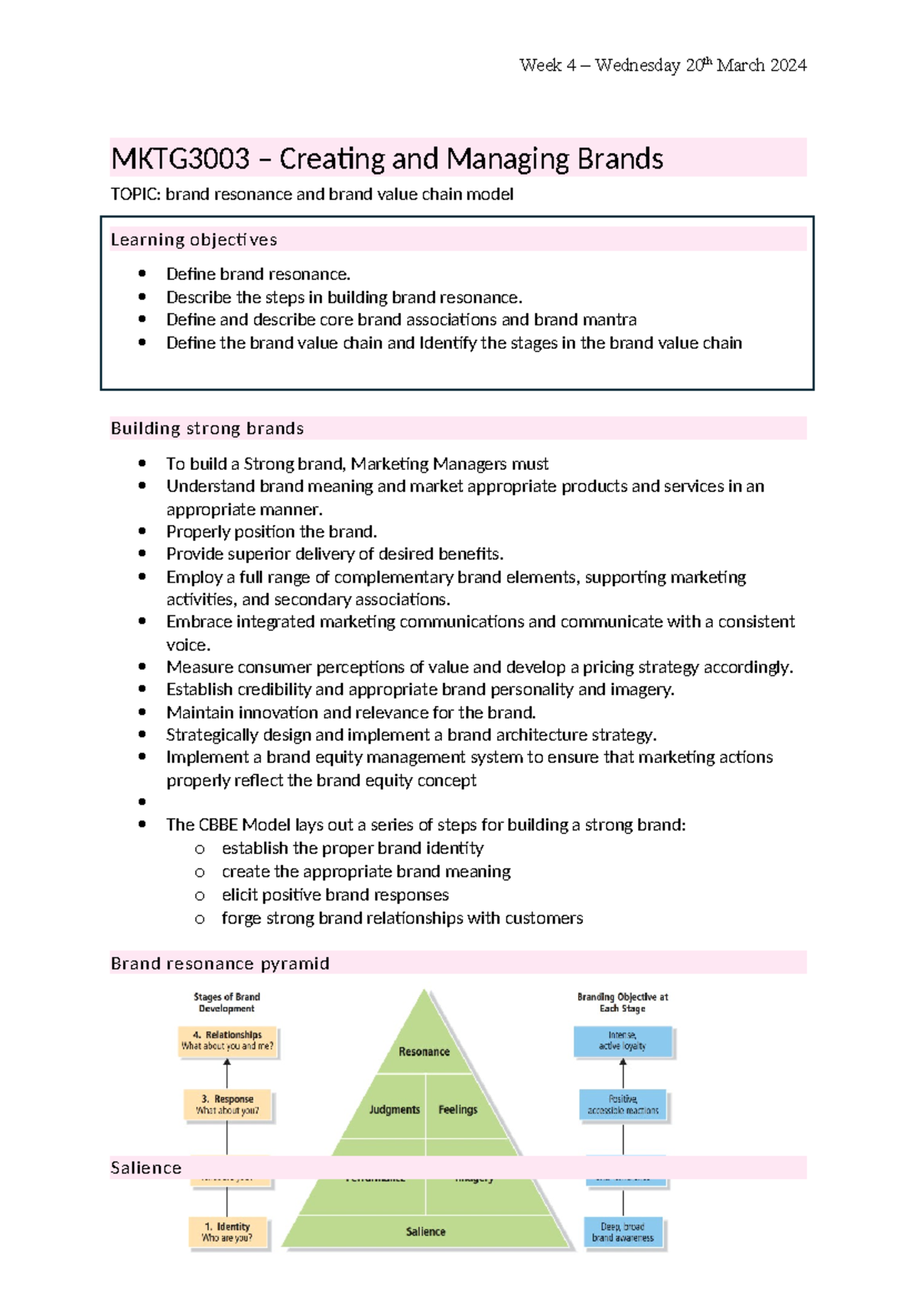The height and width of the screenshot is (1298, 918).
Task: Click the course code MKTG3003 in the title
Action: (x=181, y=159)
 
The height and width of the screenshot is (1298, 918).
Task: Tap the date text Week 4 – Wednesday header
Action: (x=662, y=65)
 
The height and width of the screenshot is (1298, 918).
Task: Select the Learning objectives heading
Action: (x=194, y=240)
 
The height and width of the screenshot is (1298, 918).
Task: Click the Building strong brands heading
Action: (x=207, y=429)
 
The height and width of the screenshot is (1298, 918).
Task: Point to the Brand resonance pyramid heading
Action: (x=220, y=963)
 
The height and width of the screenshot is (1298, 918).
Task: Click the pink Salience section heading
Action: (x=146, y=1168)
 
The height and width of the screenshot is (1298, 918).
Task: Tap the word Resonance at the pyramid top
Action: (x=424, y=1052)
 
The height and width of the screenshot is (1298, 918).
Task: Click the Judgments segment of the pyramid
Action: (x=394, y=1110)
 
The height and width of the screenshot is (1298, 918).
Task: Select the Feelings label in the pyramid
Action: (x=457, y=1110)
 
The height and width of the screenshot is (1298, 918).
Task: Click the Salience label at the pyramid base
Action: (x=425, y=1231)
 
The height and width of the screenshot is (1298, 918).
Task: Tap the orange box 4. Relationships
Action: (x=227, y=1041)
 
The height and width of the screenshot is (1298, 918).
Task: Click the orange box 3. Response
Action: (x=227, y=1105)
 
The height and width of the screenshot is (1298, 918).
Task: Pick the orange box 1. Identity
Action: (x=227, y=1232)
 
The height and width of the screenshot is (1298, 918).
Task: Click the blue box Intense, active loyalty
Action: (x=623, y=1041)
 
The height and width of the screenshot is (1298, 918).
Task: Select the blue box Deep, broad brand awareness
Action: (x=623, y=1232)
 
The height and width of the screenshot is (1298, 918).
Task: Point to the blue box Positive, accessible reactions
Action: (x=623, y=1105)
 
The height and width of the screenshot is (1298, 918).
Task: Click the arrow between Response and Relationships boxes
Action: (x=227, y=1073)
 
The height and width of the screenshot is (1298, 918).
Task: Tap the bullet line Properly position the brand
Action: (x=271, y=532)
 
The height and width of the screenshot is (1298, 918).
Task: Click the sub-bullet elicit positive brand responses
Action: (x=335, y=895)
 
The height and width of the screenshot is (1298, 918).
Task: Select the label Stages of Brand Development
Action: (x=226, y=1003)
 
